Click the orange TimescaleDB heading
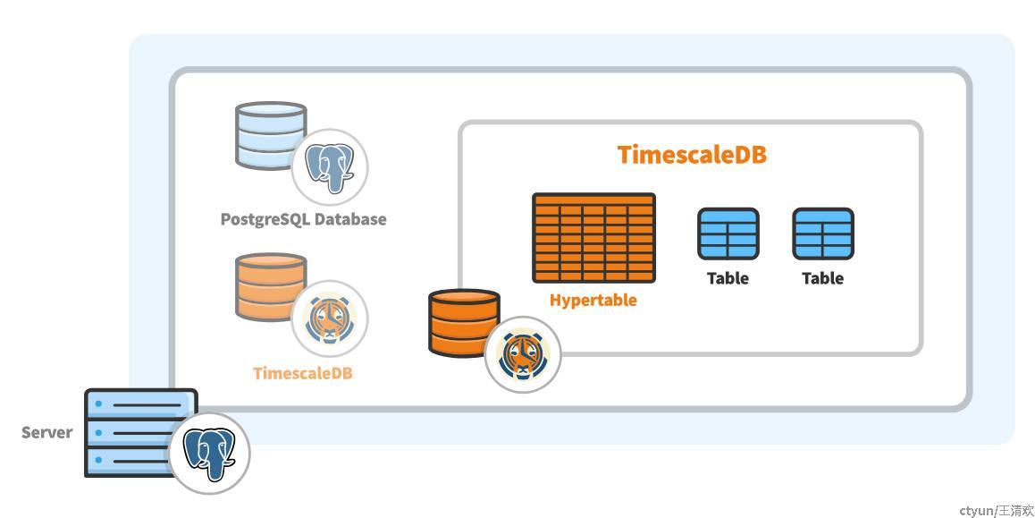(x=692, y=155)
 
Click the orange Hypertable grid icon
(x=593, y=238)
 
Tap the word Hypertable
(x=593, y=300)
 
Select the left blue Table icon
(x=728, y=234)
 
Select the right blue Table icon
(x=822, y=234)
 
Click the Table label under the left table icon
(x=728, y=278)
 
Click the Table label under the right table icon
(x=822, y=278)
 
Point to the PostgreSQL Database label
(x=303, y=219)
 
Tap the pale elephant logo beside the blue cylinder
(x=329, y=167)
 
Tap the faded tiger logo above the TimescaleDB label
(x=329, y=318)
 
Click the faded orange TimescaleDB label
(x=302, y=373)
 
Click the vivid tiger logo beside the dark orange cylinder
(x=522, y=354)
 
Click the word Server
(x=46, y=433)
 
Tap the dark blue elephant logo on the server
(x=209, y=453)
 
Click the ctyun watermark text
(x=996, y=510)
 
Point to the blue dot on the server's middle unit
(x=98, y=432)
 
